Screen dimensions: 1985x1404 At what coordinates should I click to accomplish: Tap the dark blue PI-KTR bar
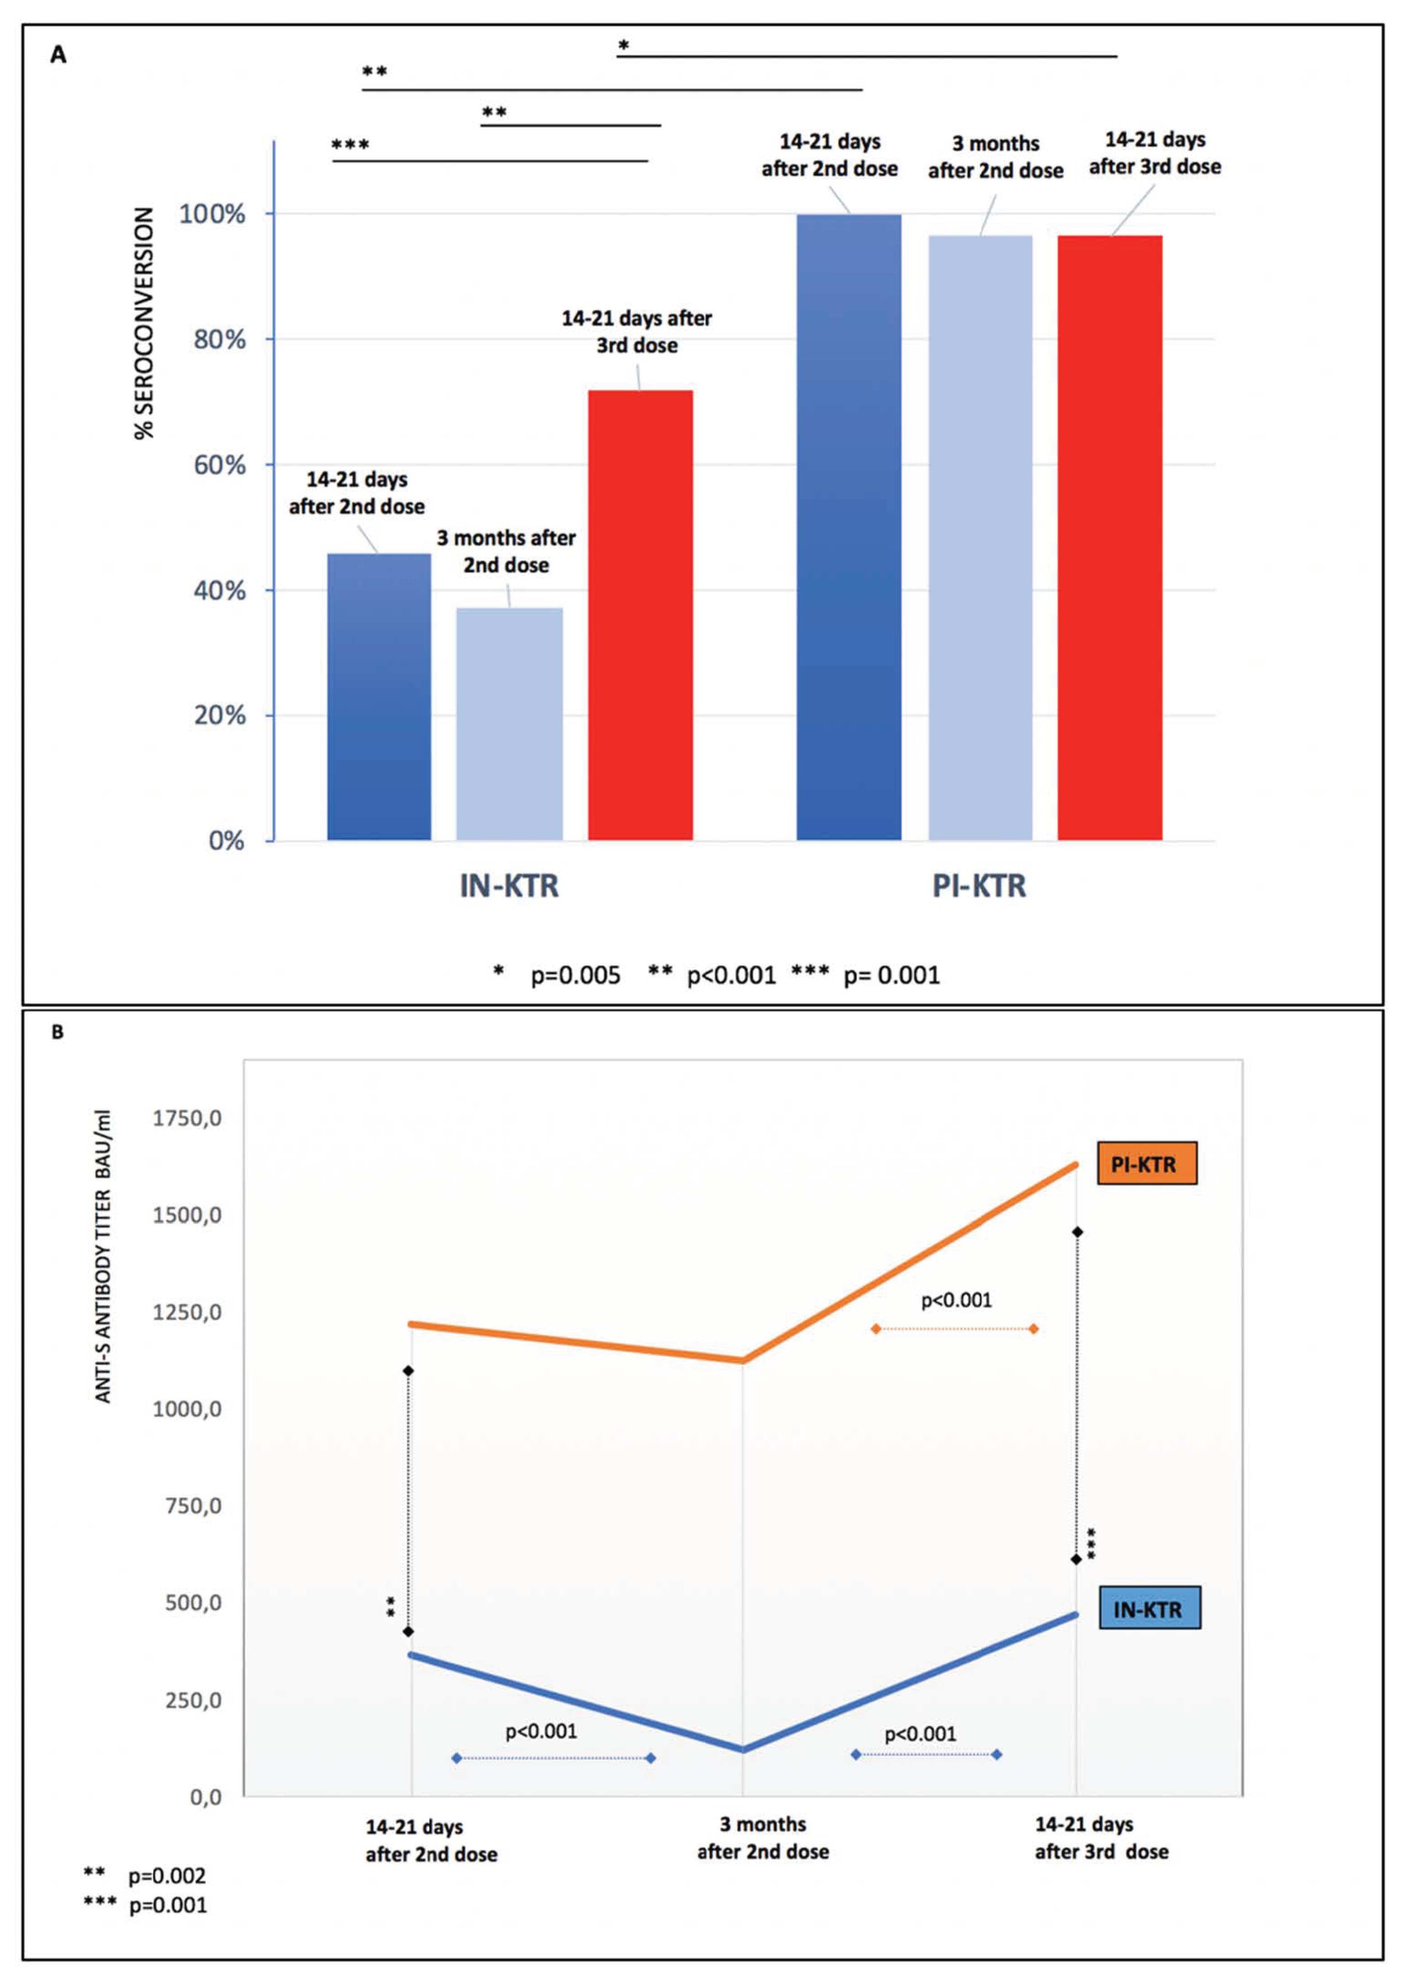tap(849, 527)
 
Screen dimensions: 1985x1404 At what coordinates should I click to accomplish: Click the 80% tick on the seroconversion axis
tap(220, 340)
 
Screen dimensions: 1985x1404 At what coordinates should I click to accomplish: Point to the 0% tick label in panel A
tap(227, 841)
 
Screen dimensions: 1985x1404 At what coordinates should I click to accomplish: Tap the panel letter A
tap(58, 55)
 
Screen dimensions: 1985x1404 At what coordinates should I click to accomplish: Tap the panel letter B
tap(57, 1032)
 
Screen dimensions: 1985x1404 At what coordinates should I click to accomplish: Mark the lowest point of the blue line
tap(743, 1750)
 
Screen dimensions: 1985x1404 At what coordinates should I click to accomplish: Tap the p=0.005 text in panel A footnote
tap(575, 976)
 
